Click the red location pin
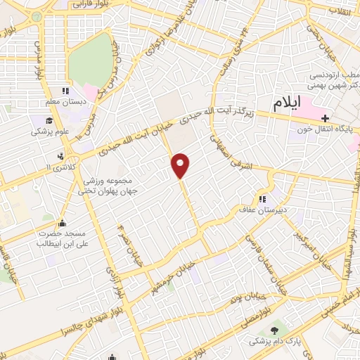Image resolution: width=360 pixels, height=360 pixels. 181,164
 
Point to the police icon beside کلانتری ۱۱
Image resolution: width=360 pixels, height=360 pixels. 62,156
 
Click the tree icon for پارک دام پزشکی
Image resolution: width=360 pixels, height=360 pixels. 274,330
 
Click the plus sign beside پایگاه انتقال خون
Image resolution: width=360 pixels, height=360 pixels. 324,117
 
